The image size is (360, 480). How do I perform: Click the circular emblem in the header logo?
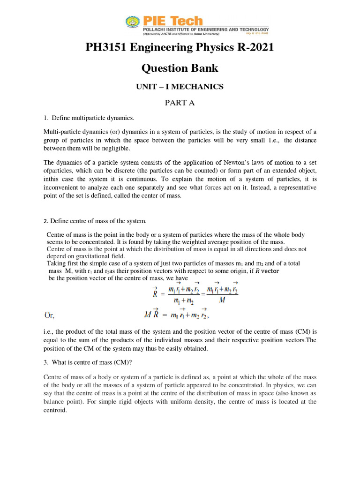click(132, 22)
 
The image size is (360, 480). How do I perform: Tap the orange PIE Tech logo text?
click(172, 21)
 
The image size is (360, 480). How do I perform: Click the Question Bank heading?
click(180, 67)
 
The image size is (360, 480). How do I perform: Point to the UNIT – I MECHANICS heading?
click(180, 87)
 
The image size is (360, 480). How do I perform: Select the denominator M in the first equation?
click(222, 300)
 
